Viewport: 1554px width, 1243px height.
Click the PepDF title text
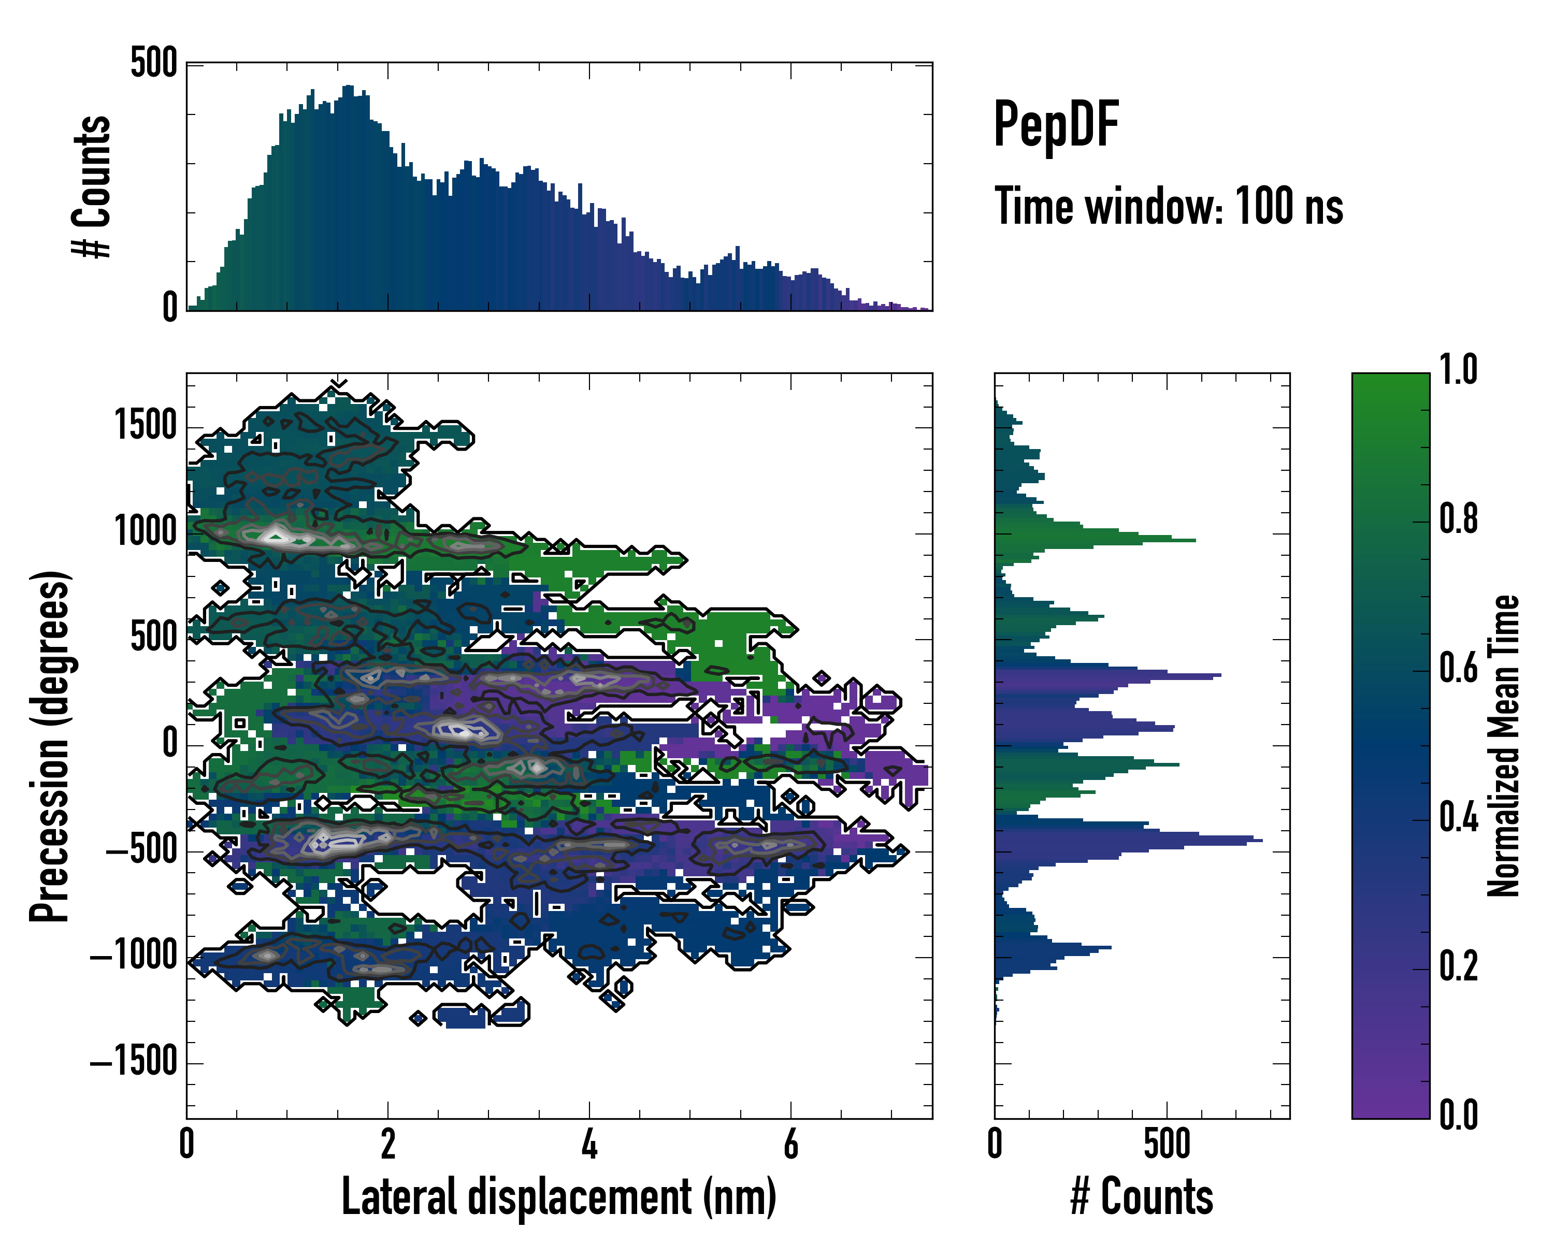pos(1055,125)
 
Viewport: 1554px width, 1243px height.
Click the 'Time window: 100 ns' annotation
pos(1169,207)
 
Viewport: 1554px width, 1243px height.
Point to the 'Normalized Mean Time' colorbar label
pos(1504,746)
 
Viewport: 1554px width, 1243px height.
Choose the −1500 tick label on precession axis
pos(134,1062)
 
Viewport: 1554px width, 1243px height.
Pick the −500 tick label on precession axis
pos(142,850)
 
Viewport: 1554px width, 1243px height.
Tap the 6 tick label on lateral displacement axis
pos(790,1144)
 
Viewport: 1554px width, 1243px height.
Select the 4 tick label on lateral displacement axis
pos(589,1144)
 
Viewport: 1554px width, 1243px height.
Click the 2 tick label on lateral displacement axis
pos(388,1144)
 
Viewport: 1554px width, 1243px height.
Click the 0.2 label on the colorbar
pos(1458,966)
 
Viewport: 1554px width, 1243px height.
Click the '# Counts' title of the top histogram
pos(92,186)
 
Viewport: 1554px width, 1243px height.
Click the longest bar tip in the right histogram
pos(1261,840)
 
